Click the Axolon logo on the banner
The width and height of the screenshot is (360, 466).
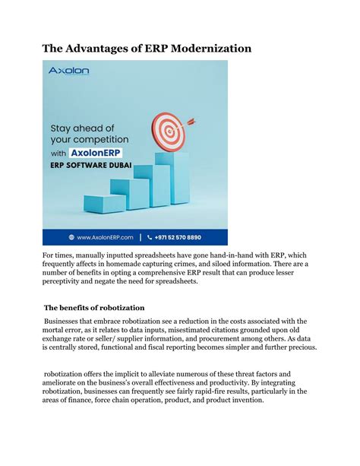tap(69, 71)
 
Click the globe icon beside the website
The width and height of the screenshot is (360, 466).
tap(71, 236)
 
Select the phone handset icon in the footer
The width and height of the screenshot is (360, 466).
tap(150, 236)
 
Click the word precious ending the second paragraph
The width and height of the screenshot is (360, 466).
tap(301, 347)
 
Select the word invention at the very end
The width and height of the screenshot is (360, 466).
tap(245, 401)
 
